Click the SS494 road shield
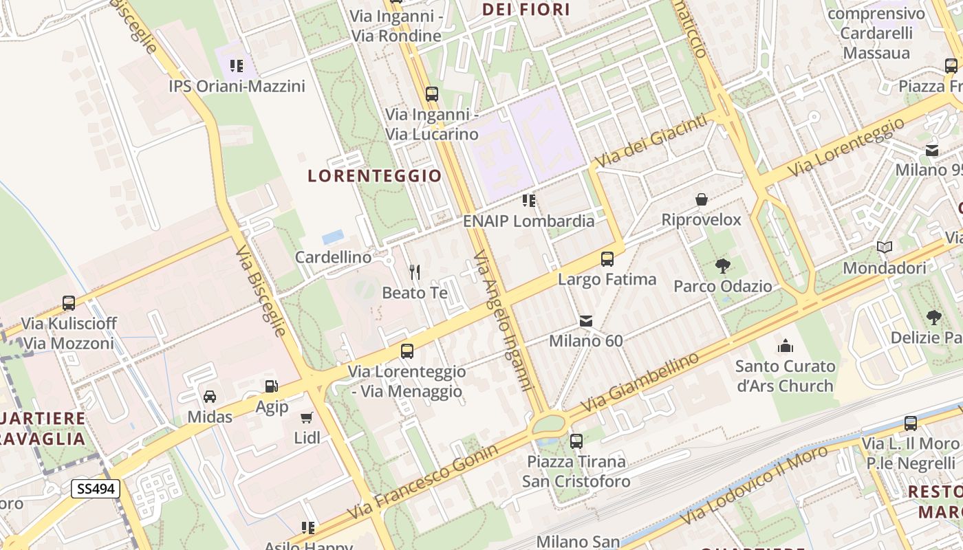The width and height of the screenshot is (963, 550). click(96, 489)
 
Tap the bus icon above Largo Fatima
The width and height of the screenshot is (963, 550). click(607, 259)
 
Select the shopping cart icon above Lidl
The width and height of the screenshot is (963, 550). click(307, 417)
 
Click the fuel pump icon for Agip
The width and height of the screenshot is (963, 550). click(272, 386)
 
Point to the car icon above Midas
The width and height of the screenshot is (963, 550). click(210, 396)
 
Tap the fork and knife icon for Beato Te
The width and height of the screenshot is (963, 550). click(415, 272)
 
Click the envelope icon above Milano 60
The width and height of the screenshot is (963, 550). click(586, 320)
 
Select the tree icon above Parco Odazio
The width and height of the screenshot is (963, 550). click(722, 265)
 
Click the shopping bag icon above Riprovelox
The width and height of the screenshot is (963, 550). click(702, 199)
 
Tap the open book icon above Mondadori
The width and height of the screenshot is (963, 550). click(885, 247)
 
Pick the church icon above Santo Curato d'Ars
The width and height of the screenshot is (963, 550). click(785, 345)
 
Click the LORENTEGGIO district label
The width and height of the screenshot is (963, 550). click(375, 176)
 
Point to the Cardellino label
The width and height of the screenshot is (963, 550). click(333, 257)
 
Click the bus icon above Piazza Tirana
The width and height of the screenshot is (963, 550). click(576, 441)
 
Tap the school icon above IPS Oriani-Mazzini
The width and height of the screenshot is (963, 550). click(237, 66)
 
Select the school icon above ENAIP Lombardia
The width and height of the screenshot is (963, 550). click(528, 201)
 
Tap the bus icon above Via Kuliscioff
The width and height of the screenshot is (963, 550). click(69, 302)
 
